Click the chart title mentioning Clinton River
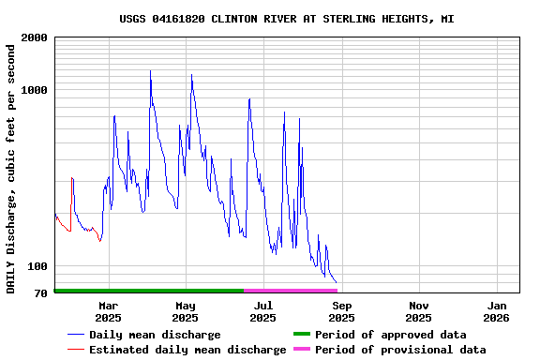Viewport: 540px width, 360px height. click(287, 19)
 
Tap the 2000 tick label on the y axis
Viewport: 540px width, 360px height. click(34, 38)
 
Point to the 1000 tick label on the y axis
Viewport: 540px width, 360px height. click(34, 91)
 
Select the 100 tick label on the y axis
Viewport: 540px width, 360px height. click(37, 266)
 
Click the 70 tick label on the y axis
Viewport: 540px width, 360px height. click(40, 293)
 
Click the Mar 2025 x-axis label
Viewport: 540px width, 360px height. click(108, 311)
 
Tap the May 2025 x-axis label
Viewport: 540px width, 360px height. click(186, 311)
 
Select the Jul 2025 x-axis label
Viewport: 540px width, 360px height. click(263, 311)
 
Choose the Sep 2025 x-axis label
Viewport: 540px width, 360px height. click(342, 311)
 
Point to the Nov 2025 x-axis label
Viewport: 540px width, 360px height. click(419, 311)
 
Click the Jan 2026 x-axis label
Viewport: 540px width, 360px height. click(497, 311)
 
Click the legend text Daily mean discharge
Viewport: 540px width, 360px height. click(155, 335)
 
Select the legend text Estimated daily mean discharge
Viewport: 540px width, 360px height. click(187, 350)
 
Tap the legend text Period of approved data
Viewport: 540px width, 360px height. click(390, 335)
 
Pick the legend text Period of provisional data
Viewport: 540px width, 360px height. click(400, 350)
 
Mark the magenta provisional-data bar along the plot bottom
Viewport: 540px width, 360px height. click(290, 291)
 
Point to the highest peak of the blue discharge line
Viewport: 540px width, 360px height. click(150, 71)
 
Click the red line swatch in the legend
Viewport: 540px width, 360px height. click(76, 350)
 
